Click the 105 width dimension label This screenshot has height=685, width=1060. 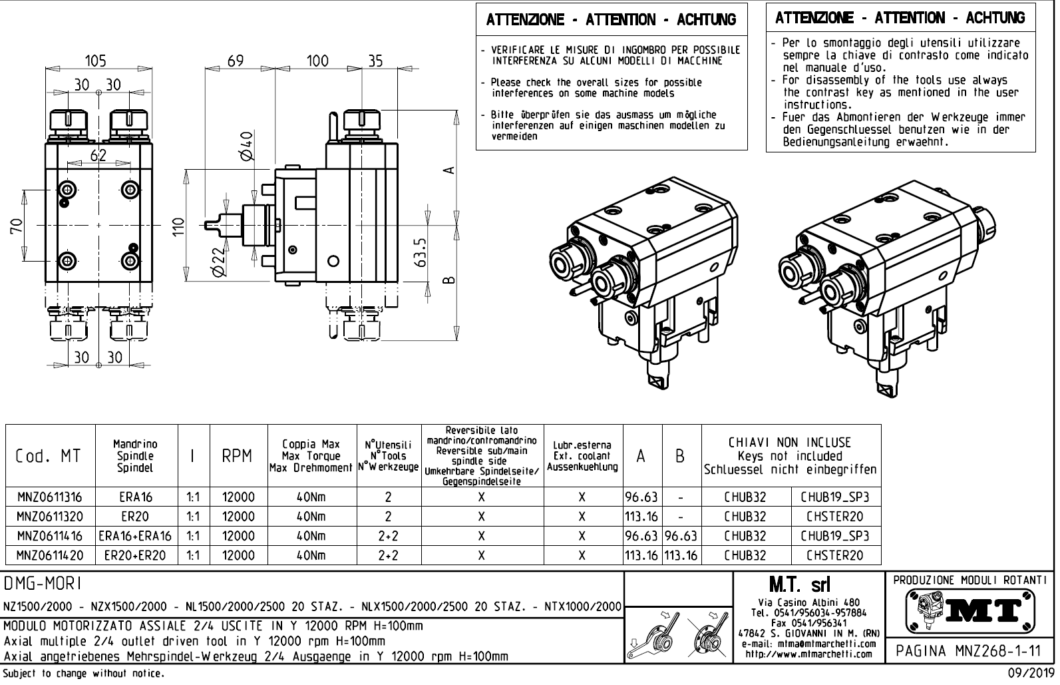point(96,61)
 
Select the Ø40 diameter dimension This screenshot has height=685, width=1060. point(246,146)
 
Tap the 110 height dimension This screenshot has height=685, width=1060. point(177,228)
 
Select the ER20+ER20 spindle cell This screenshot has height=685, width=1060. point(135,555)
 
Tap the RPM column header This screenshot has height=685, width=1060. point(238,456)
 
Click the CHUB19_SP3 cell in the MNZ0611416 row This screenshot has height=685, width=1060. point(834,536)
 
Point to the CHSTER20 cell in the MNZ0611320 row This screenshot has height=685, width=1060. point(834,517)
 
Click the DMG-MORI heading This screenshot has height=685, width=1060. point(43,584)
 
